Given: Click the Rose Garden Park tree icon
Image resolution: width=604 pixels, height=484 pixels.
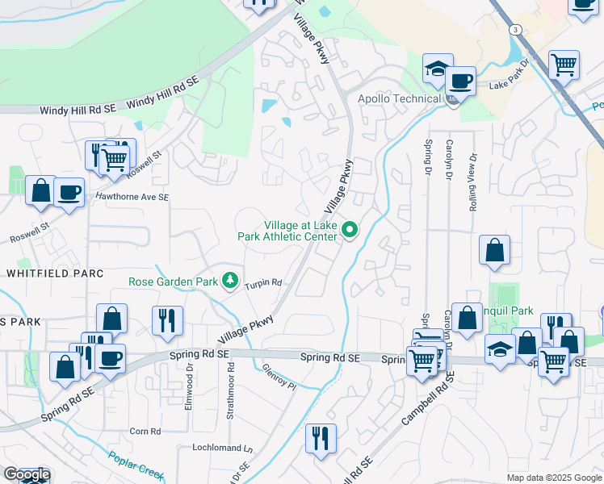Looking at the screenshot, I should point(232,281).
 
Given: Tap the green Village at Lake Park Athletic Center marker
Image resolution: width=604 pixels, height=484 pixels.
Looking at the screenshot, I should point(350,231).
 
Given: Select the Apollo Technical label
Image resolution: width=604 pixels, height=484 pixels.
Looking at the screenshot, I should point(395,99).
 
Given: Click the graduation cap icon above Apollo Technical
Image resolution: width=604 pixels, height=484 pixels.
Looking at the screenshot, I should point(438,70).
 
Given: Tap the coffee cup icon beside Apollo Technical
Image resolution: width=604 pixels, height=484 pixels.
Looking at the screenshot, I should point(460,81).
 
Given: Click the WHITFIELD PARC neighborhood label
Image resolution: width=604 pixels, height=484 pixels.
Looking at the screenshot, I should point(55,273).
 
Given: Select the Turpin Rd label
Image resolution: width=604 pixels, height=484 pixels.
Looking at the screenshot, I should point(264,283).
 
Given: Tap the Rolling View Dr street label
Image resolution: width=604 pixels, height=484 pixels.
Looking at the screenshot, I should point(472,183).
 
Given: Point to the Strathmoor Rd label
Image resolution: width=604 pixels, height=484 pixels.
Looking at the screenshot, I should point(230,391).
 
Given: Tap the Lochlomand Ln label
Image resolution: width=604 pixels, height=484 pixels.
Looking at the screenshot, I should point(222,447).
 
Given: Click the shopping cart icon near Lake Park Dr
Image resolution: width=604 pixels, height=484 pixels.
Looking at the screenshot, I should point(564,64).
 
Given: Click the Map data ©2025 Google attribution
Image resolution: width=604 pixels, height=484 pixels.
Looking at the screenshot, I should point(553,478).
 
